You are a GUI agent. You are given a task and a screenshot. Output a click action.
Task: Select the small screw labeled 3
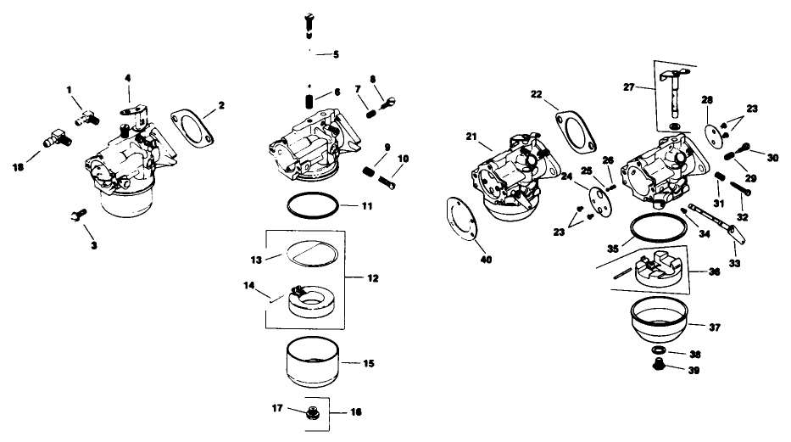[75, 217]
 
